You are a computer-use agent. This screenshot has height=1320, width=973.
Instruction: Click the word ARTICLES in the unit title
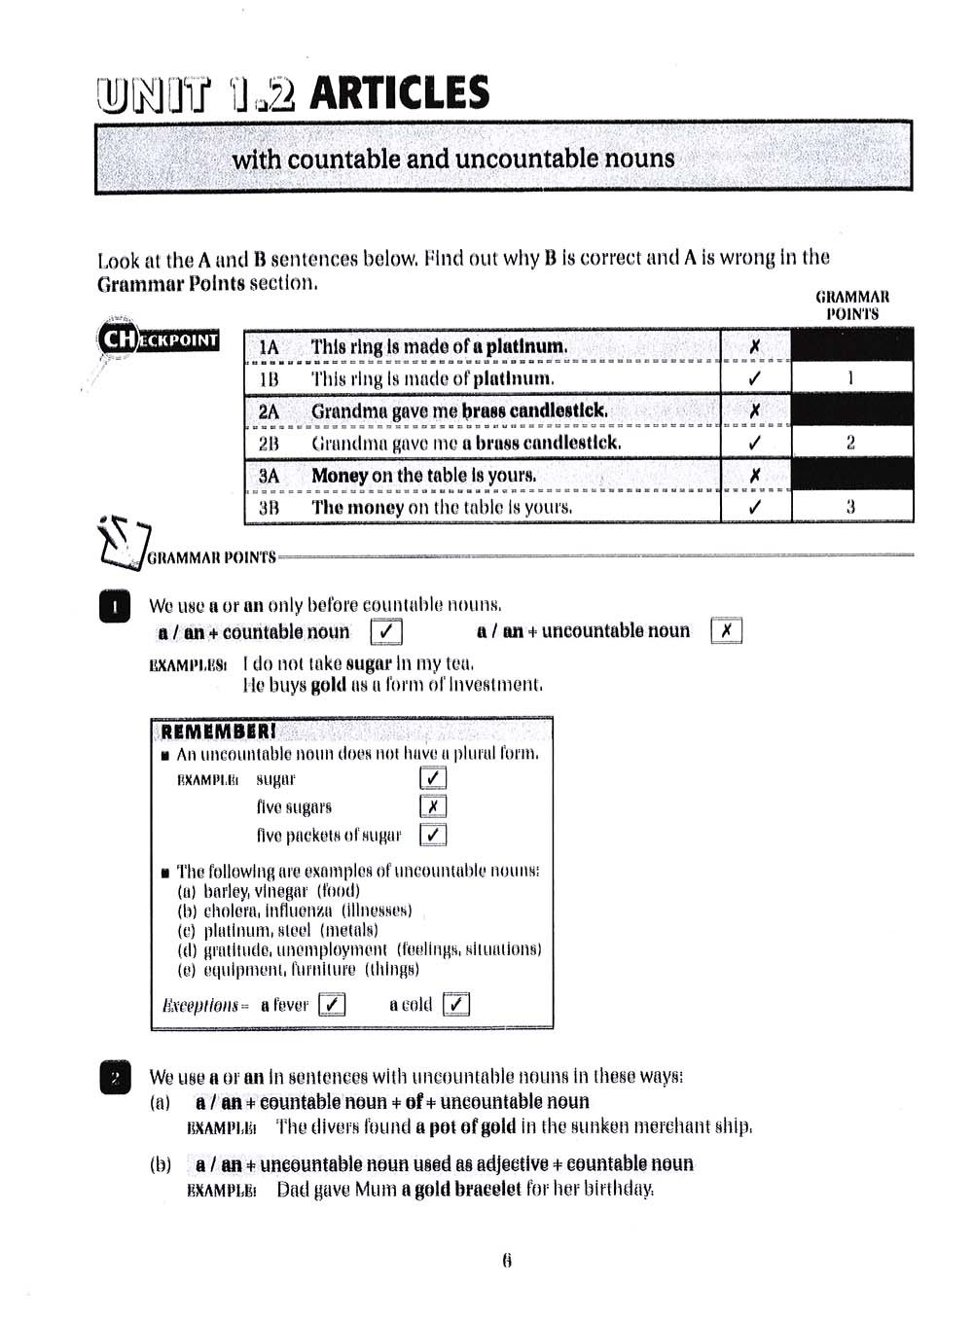tap(399, 93)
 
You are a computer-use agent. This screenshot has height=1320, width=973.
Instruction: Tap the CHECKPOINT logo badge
tap(159, 339)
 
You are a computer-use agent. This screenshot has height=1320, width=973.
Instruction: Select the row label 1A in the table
tap(269, 347)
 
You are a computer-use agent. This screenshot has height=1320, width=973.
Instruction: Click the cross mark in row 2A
tap(755, 411)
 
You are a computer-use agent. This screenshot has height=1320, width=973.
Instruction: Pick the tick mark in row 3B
tap(755, 507)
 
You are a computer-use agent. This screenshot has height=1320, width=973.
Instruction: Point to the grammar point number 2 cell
tap(851, 443)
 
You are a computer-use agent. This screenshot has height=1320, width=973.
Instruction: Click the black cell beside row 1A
tap(851, 345)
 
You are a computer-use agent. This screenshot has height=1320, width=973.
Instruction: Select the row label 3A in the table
tap(269, 476)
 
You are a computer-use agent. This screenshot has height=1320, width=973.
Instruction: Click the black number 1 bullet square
tap(115, 608)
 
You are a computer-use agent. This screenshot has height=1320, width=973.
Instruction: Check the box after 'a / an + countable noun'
tap(386, 632)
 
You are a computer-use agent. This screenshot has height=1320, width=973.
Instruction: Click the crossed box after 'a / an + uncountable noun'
tap(726, 631)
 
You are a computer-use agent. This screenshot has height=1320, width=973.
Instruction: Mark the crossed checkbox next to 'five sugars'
tap(433, 806)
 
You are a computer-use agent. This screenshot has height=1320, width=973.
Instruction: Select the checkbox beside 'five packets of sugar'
tap(433, 835)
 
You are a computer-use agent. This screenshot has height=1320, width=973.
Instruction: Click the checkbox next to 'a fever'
tap(332, 1004)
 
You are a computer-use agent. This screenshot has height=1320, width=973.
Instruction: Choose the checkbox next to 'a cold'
tap(455, 1004)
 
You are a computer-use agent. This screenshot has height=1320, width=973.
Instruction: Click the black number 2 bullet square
tap(115, 1078)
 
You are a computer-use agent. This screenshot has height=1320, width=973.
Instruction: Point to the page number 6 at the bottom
tap(507, 1261)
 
